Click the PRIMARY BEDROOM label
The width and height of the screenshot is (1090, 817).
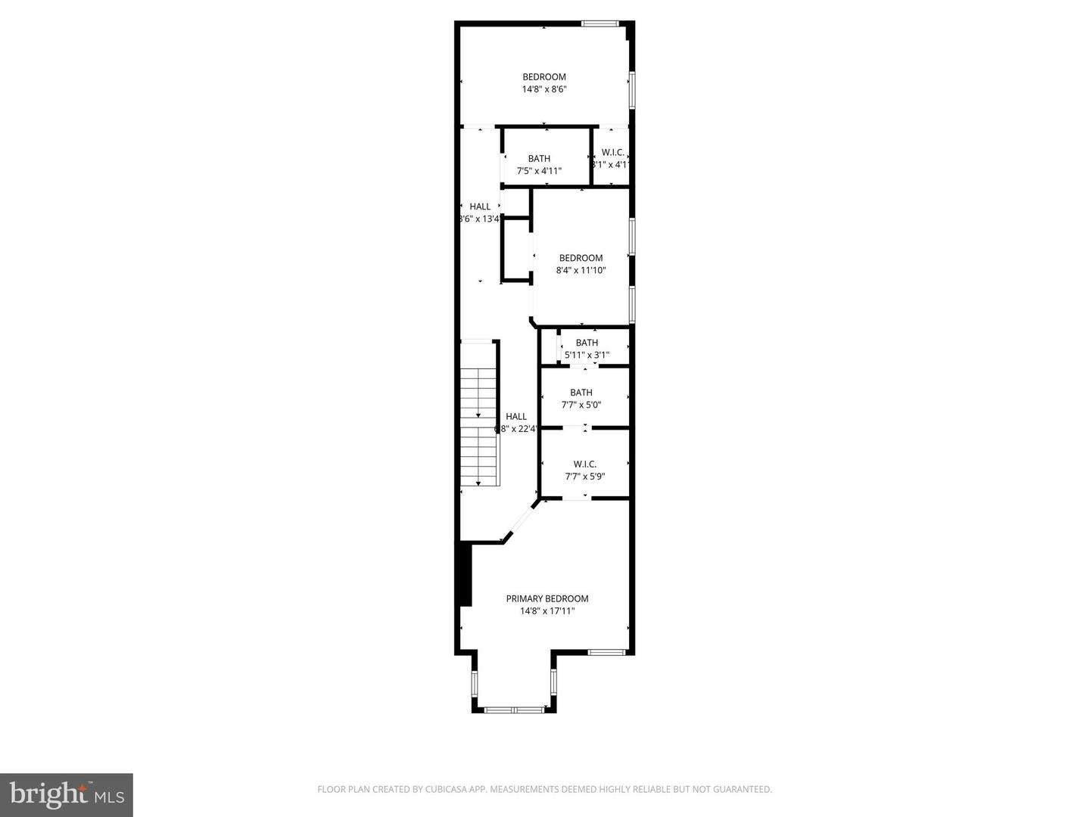coord(547,598)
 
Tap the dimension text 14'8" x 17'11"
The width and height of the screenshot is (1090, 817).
coord(547,611)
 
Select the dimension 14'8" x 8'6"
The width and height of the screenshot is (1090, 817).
coord(543,89)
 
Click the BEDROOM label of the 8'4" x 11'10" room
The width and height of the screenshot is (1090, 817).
coord(581,258)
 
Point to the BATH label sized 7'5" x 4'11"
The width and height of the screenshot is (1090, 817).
coord(539,159)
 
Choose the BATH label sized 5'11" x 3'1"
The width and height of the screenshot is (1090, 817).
coord(587,343)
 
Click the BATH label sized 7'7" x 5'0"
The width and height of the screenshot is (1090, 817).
coord(581,393)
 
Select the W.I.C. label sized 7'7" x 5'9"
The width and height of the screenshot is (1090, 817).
coord(584,464)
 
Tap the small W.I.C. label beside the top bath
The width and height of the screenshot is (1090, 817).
coord(612,153)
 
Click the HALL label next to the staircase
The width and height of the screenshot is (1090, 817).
coord(516,417)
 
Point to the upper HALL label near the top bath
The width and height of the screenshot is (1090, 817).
coord(480,207)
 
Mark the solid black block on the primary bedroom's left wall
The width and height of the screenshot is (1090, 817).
coord(464,574)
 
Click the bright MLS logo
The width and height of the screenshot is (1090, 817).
coord(66,794)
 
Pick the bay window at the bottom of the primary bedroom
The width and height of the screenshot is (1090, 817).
coord(514,710)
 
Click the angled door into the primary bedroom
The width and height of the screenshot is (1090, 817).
coord(522,520)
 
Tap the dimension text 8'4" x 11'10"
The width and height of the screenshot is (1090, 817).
coord(581,271)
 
